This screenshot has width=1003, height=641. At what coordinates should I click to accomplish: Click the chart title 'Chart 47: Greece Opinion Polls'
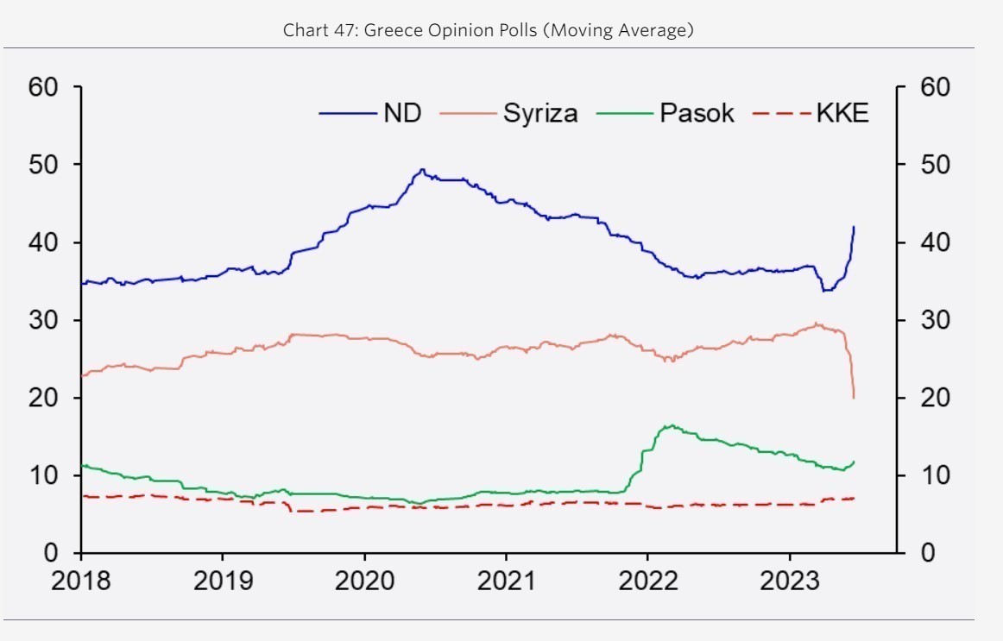(489, 30)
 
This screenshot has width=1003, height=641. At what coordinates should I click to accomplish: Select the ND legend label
(402, 113)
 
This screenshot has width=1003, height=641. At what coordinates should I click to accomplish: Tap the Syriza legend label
(540, 113)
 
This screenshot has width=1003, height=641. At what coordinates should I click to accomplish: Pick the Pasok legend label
(697, 113)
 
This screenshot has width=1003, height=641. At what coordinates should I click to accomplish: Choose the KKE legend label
(842, 113)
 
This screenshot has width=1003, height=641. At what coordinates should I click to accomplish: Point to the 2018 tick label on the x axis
(81, 581)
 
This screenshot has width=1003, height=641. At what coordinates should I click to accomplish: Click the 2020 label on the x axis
(364, 581)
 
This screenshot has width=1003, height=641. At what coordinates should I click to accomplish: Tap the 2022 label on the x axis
(647, 581)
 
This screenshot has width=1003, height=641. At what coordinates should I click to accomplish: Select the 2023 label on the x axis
(789, 581)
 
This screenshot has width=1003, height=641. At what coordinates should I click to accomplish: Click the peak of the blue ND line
(422, 170)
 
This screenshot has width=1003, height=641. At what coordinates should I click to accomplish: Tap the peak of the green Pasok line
(669, 425)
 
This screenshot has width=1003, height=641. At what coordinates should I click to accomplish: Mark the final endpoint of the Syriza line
(854, 398)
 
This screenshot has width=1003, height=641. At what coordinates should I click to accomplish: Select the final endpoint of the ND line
(854, 227)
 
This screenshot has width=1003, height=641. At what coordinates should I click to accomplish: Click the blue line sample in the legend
(349, 113)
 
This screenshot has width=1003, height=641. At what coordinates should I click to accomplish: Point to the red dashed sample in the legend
(782, 113)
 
